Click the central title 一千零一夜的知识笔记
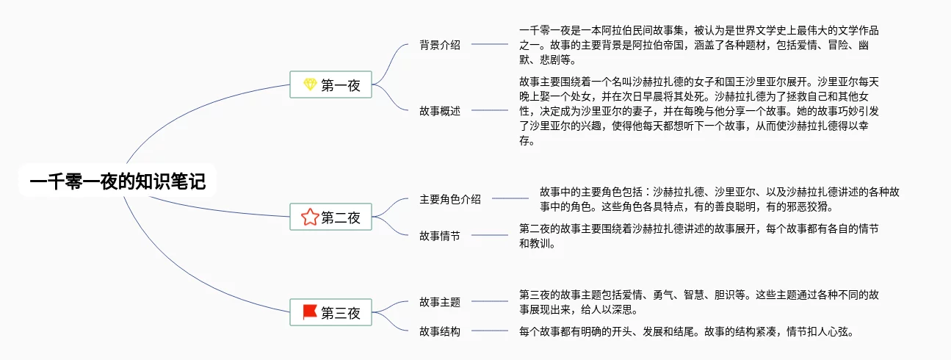[x=117, y=181]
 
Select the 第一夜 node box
[x=330, y=84]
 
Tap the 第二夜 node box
[x=330, y=217]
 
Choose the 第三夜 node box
[x=330, y=312]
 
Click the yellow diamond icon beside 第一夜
[x=310, y=84]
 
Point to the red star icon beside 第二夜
[x=310, y=217]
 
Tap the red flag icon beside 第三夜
[x=310, y=312]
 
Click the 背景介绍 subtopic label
[x=440, y=45]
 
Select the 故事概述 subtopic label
[x=440, y=111]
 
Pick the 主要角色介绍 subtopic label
[x=450, y=199]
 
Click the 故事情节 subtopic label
[x=440, y=236]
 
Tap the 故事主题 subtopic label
[x=440, y=302]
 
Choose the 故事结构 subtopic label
[x=440, y=331]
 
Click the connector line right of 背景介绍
[x=490, y=44]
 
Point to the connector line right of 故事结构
[x=490, y=331]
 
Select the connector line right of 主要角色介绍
[x=510, y=198]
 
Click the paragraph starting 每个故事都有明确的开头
[x=687, y=331]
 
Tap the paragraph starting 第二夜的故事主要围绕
[x=699, y=236]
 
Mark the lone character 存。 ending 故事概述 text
[x=527, y=140]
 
